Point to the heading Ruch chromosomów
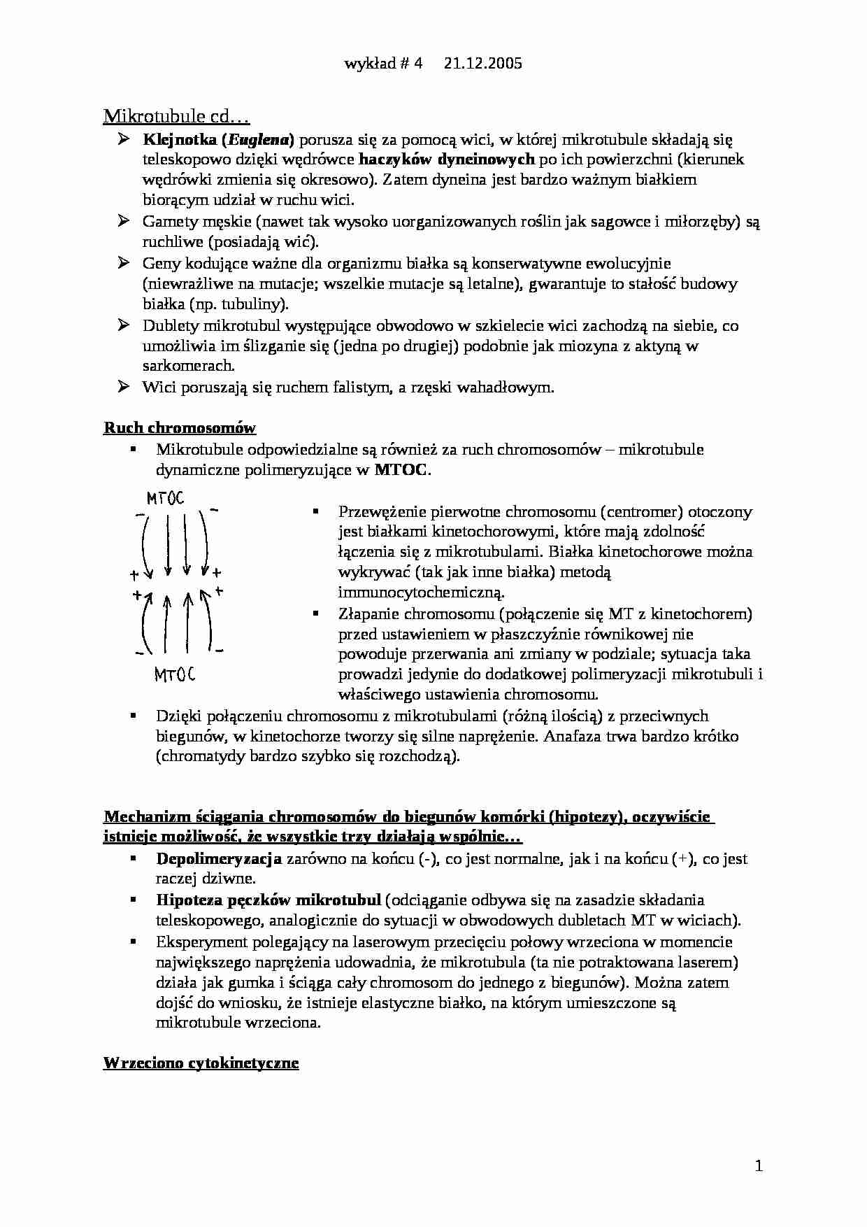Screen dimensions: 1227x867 point(180,427)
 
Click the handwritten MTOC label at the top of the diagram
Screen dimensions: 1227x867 point(165,499)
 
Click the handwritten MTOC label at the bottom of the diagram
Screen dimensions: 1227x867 point(174,675)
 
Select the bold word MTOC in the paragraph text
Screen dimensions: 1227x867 point(400,470)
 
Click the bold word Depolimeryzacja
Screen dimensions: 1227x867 point(219,858)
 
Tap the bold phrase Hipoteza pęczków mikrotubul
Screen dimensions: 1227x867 point(268,900)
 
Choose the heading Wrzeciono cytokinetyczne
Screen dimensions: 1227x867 point(201,1063)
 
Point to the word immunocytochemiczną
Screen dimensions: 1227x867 point(421,593)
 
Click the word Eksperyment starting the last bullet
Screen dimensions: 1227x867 point(201,942)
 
